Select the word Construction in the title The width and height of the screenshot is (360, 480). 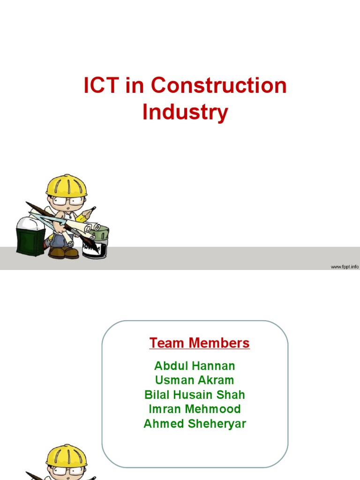click(219, 86)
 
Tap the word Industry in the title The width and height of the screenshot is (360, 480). click(185, 112)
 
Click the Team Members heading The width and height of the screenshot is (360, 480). click(199, 343)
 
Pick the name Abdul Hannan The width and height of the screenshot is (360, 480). click(195, 366)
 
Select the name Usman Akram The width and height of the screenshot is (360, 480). click(195, 380)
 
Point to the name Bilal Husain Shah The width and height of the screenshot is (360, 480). click(195, 395)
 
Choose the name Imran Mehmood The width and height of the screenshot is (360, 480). click(195, 409)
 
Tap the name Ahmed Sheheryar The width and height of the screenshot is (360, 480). click(195, 424)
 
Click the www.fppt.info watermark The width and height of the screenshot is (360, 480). click(345, 267)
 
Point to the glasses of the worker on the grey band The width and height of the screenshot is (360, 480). click(67, 202)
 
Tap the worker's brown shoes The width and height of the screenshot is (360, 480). click(64, 253)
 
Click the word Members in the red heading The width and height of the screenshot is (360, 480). click(219, 343)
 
